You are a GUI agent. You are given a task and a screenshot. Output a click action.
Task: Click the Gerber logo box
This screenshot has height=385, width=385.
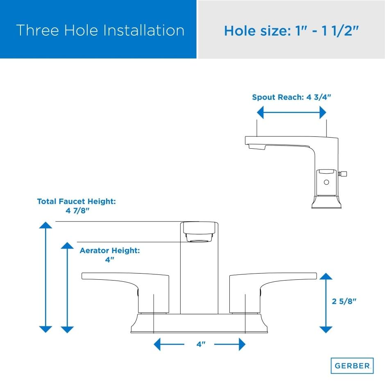[x=352, y=366]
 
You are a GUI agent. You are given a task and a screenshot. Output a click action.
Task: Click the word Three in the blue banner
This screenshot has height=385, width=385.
[x=38, y=30]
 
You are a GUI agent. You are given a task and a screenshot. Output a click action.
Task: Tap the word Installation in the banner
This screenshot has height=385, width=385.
[x=144, y=30]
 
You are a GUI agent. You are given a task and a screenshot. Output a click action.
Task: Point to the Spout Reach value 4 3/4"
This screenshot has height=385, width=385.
[x=319, y=97]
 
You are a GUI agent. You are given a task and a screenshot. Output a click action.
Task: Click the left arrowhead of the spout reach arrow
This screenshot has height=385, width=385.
[x=260, y=113]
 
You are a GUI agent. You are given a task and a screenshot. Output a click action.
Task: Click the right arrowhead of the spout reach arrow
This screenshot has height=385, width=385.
[x=323, y=113]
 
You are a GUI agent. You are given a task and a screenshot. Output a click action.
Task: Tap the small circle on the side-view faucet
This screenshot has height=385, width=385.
[x=326, y=182]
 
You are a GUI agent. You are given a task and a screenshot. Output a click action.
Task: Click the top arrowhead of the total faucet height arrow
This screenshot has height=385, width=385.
[x=45, y=225]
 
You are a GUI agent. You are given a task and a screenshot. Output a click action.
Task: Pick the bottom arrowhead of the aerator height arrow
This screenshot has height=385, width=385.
[x=67, y=330]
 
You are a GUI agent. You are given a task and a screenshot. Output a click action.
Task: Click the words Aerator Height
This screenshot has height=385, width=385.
[x=110, y=250]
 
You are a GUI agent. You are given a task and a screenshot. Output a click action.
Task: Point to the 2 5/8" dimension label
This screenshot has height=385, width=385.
[x=344, y=301]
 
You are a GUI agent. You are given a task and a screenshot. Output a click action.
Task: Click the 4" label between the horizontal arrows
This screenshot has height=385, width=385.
[x=201, y=344]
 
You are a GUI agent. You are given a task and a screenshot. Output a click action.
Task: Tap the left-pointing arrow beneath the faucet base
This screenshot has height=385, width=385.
[x=169, y=344]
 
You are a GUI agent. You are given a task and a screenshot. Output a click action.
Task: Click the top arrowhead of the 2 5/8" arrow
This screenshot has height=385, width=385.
[x=326, y=276]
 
